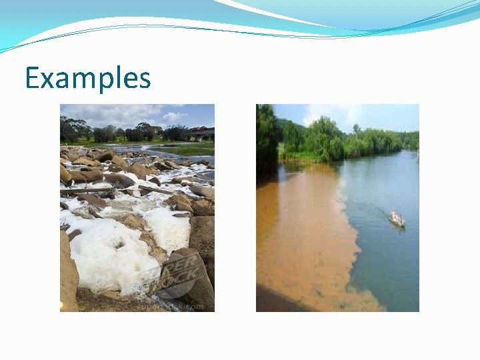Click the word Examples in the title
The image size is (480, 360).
point(87,79)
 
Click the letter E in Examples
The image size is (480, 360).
point(32,79)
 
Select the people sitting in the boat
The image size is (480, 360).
point(396,216)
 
